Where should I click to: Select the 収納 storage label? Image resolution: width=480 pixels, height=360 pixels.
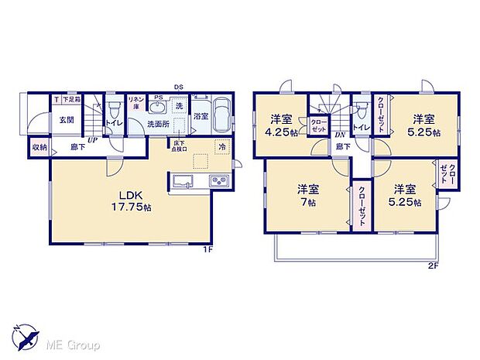tap(39, 146)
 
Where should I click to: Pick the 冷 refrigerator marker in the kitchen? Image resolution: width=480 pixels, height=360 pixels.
tap(221, 146)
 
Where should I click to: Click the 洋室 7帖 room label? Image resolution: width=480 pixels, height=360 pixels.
tap(308, 195)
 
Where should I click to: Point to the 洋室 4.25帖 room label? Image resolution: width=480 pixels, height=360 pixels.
tap(279, 125)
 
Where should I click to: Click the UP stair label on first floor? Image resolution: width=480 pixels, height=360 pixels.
tap(92, 140)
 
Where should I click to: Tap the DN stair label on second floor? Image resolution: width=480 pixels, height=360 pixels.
tap(338, 135)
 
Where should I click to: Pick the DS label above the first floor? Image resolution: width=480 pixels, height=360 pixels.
tap(177, 87)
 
